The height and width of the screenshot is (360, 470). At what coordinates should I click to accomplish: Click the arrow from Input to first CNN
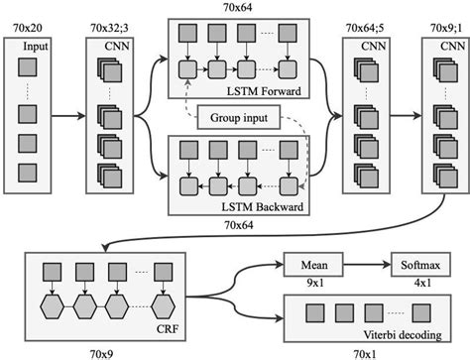coord(69,115)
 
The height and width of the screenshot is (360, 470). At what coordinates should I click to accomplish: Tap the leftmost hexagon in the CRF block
coord(55,300)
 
